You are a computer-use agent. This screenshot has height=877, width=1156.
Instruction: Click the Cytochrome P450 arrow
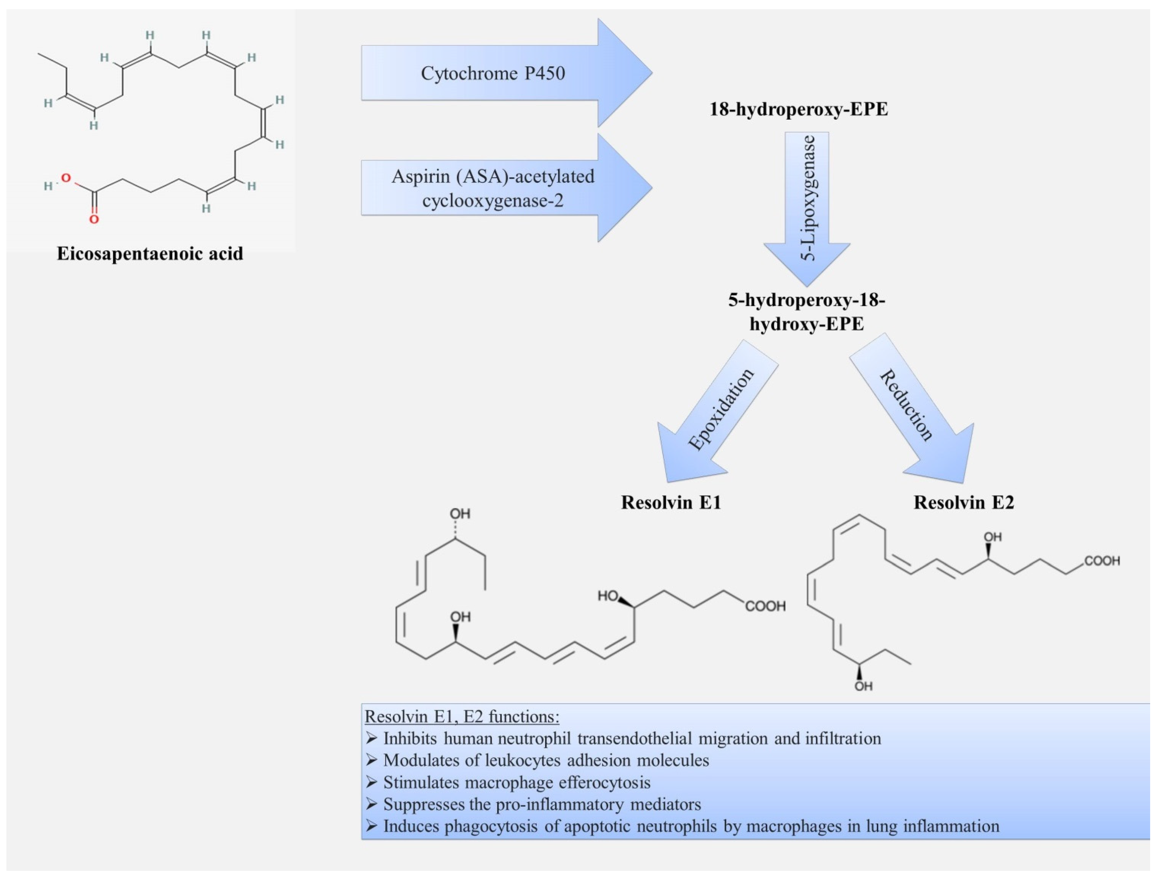click(x=506, y=73)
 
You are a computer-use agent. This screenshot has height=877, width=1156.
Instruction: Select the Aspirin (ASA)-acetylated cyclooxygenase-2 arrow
click(x=506, y=187)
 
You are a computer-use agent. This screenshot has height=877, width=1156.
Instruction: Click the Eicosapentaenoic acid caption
click(x=150, y=254)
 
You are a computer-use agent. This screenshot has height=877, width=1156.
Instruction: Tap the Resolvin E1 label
click(x=671, y=502)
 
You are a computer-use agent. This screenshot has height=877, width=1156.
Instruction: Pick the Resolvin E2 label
click(x=964, y=502)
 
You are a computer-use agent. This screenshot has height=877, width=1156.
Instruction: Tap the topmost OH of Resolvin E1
click(x=460, y=514)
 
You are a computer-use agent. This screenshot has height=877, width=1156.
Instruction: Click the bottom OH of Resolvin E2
click(x=863, y=686)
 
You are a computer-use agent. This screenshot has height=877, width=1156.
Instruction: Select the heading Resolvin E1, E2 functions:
click(x=462, y=717)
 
